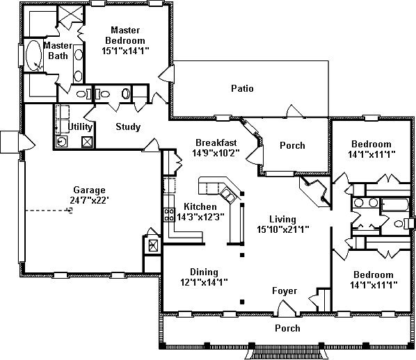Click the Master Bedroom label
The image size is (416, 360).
pos(125,35)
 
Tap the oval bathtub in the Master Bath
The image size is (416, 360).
pos(34,56)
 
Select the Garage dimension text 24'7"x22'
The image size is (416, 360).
pos(90,200)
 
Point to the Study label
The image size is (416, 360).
pos(128,126)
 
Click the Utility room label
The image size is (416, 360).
pos(80,126)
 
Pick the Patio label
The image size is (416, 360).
pos(242,88)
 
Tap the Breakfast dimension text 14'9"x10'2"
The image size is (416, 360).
pos(216,153)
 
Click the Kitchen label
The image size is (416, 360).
pos(200,206)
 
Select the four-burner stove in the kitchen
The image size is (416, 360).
pos(169,215)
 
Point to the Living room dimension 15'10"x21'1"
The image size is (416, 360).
pos(283,229)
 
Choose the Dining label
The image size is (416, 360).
pos(205,272)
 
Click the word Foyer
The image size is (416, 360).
pos(285,291)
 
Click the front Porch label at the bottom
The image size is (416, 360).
pos(287,328)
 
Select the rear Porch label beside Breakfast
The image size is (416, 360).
pos(292,145)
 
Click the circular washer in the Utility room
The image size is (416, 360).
pos(61,142)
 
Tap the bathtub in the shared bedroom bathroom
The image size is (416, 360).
pos(394,204)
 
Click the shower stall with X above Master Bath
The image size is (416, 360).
pos(70,14)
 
